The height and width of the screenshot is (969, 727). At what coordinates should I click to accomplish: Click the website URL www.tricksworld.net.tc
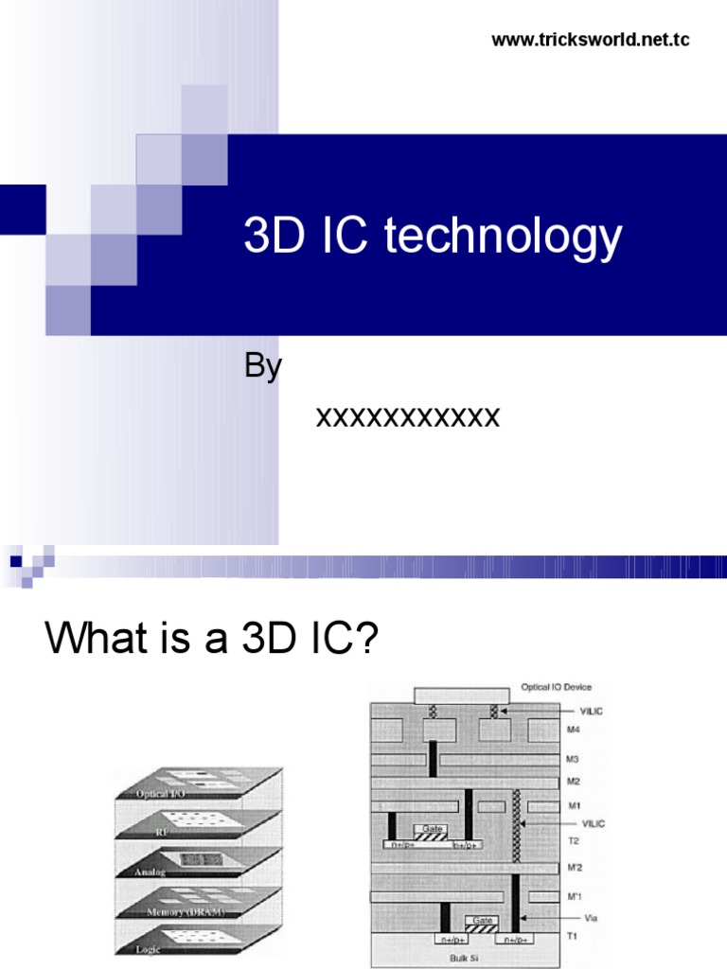coord(591,40)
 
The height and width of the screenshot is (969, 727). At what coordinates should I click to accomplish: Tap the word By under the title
coord(263,366)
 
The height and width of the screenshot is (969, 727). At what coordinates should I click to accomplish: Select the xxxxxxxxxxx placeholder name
coord(407,416)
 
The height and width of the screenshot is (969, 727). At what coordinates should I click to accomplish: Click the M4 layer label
coord(574,728)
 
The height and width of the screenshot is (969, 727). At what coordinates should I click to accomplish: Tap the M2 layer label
coord(574,782)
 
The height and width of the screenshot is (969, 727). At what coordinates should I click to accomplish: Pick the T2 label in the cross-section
coord(573,839)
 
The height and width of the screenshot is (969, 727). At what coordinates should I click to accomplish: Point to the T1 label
coord(573,936)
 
